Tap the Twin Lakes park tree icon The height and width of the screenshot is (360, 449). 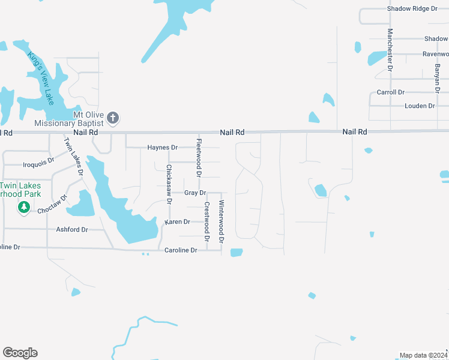click(24, 207)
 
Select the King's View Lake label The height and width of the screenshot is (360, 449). click(41, 76)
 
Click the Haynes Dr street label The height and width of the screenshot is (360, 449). click(163, 148)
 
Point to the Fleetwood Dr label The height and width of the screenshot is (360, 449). click(199, 157)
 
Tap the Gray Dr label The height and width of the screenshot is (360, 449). click(195, 193)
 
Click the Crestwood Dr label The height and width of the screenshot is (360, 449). click(206, 221)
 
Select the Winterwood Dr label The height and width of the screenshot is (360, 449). click(221, 221)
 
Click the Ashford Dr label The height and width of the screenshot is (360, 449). click(72, 230)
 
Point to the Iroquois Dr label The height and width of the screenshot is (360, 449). click(38, 163)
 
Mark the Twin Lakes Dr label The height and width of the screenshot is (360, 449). click(73, 157)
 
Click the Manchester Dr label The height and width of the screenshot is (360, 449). click(390, 50)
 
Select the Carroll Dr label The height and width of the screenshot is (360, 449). click(390, 92)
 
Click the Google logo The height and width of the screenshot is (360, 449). click(20, 353)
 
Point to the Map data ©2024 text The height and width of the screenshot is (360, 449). click(423, 355)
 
